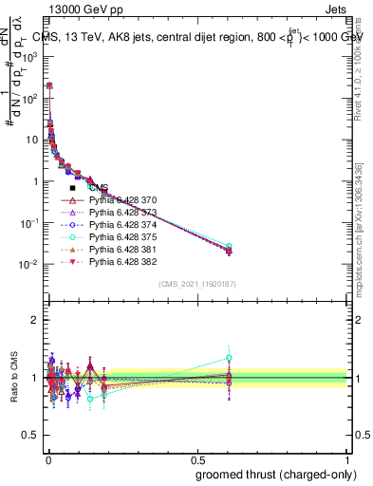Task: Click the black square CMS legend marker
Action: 72,189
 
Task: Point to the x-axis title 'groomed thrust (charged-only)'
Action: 270,474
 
